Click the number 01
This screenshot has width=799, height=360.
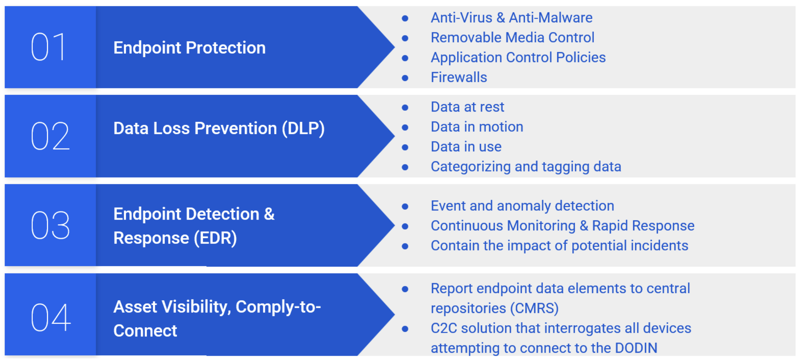49,47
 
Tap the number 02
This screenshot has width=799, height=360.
50,136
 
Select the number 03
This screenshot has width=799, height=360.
50,225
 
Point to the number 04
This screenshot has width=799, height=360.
51,318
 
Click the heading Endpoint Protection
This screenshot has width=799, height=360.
189,48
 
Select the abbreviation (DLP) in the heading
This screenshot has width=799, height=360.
303,128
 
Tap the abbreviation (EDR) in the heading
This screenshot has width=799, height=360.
215,238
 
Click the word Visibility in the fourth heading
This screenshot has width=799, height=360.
196,307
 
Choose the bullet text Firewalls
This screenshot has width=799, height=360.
458,78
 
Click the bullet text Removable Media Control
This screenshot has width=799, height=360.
512,38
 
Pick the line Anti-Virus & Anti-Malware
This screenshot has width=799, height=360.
511,18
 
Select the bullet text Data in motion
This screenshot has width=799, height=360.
477,127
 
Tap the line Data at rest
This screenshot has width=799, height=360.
467,107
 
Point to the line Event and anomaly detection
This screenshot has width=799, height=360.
522,206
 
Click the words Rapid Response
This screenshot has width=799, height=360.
643,226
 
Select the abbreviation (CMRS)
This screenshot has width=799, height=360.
534,308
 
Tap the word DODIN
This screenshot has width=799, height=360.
636,348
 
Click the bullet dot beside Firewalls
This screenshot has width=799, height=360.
405,78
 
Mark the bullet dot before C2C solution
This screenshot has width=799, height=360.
405,329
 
